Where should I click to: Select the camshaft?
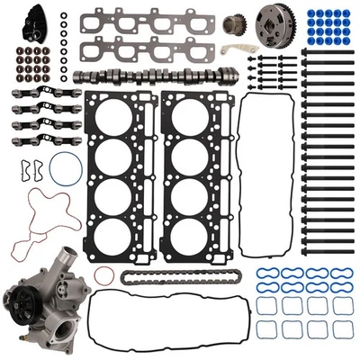coord(153,78)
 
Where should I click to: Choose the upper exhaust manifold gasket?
coord(145,22)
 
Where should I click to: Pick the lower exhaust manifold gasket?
coord(145,49)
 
